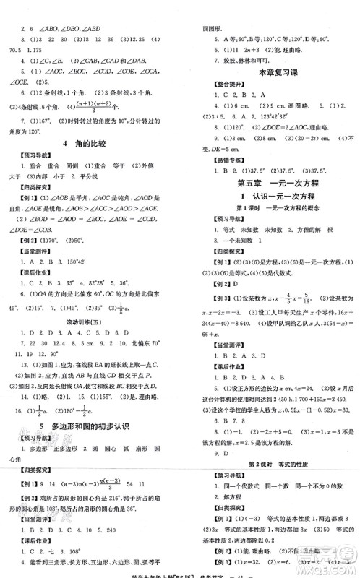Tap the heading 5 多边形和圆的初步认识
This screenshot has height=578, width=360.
click(x=95, y=427)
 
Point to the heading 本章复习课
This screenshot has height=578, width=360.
click(x=275, y=72)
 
